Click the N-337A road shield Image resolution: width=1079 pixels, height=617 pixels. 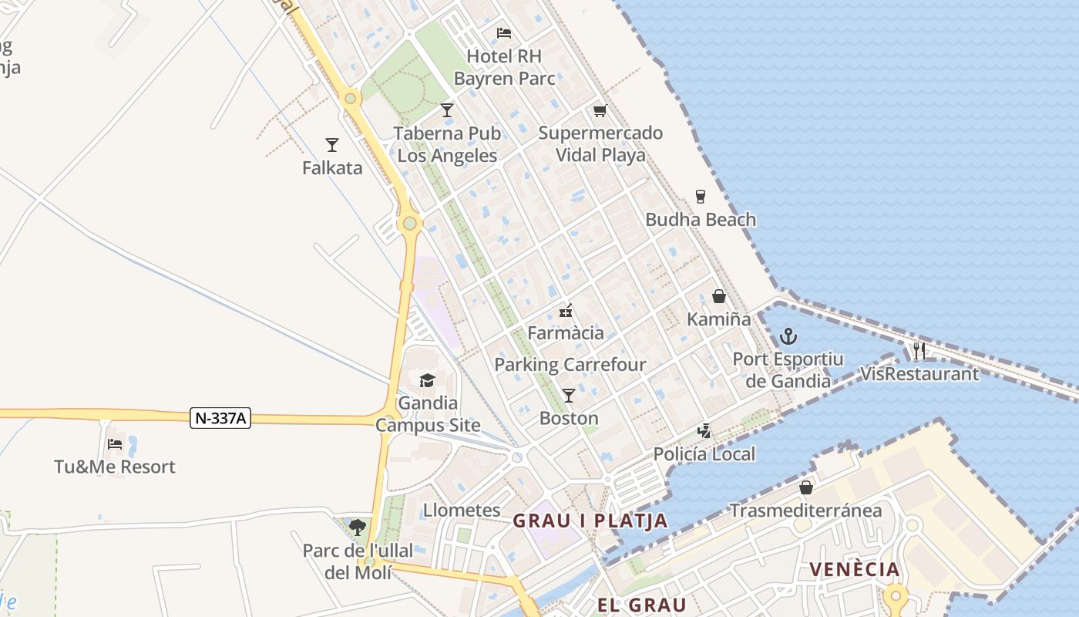pyautogui.click(x=220, y=419)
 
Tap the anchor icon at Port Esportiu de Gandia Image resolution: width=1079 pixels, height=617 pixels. pyautogui.click(x=788, y=336)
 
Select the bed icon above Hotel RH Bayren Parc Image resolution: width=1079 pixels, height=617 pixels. pyautogui.click(x=504, y=33)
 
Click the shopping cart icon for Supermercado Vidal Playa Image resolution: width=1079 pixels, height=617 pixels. pyautogui.click(x=600, y=110)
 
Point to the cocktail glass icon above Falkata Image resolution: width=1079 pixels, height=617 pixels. pyautogui.click(x=332, y=144)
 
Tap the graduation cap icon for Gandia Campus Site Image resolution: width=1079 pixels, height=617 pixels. pyautogui.click(x=427, y=380)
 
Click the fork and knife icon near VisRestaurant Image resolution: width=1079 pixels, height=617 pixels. pyautogui.click(x=919, y=351)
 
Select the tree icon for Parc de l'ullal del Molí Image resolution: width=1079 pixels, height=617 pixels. pyautogui.click(x=357, y=528)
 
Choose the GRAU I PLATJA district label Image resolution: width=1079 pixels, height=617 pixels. pyautogui.click(x=590, y=521)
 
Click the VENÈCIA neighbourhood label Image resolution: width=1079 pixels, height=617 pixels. pyautogui.click(x=854, y=570)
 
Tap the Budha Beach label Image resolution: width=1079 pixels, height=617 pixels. pyautogui.click(x=701, y=220)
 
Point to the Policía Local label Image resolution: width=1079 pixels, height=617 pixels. pyautogui.click(x=704, y=454)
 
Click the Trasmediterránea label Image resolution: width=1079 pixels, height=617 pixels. pyautogui.click(x=805, y=511)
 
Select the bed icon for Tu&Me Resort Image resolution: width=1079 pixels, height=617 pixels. pyautogui.click(x=115, y=443)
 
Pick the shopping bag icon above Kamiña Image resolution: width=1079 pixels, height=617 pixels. pyautogui.click(x=718, y=296)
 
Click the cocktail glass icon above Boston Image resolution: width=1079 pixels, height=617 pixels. pyautogui.click(x=569, y=396)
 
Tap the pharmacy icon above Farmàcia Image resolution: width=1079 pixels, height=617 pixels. pyautogui.click(x=566, y=311)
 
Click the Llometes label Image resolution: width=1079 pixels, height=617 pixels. pyautogui.click(x=462, y=511)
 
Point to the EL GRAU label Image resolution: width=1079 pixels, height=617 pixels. pyautogui.click(x=641, y=605)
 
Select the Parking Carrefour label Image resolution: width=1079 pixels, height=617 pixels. pyautogui.click(x=570, y=365)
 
